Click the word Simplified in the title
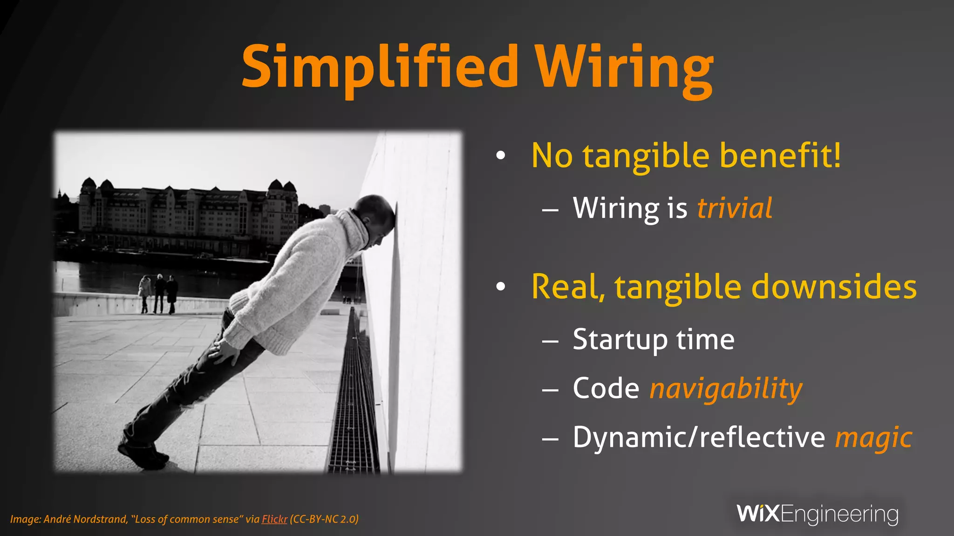click(x=380, y=67)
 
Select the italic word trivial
click(x=735, y=208)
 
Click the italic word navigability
click(x=726, y=389)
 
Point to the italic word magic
click(x=873, y=438)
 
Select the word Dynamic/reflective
click(x=699, y=437)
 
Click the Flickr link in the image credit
click(x=274, y=519)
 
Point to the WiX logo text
click(x=758, y=514)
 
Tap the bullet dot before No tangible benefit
click(x=501, y=156)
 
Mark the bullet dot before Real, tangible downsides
click(x=501, y=287)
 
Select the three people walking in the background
click(x=158, y=293)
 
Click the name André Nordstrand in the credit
click(x=85, y=519)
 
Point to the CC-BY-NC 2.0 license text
click(x=324, y=519)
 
